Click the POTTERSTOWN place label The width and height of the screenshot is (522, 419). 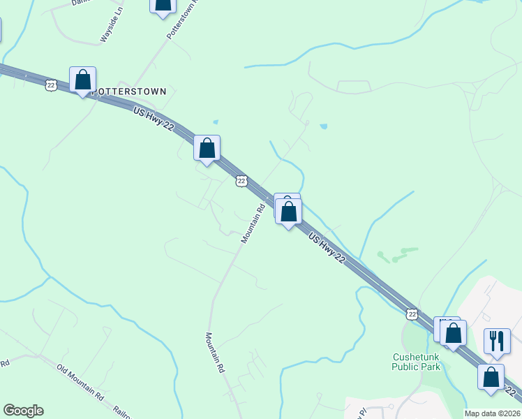click(130, 91)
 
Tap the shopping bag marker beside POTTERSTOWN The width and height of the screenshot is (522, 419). click(82, 79)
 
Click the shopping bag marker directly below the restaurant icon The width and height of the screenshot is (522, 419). click(491, 376)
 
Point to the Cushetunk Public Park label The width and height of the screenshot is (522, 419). click(415, 361)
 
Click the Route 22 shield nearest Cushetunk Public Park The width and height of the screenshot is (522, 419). click(412, 314)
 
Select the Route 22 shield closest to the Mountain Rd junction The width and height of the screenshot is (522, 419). click(241, 181)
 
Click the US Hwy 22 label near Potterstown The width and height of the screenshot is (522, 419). click(153, 119)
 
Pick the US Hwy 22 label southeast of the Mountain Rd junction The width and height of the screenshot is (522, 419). click(327, 248)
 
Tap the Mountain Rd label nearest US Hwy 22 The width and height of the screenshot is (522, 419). click(253, 223)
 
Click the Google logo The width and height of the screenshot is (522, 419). click(23, 411)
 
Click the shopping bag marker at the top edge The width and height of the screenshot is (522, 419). click(163, 6)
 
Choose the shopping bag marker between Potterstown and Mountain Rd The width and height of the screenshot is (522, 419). click(207, 148)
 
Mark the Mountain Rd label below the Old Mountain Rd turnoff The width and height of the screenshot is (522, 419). click(215, 352)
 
